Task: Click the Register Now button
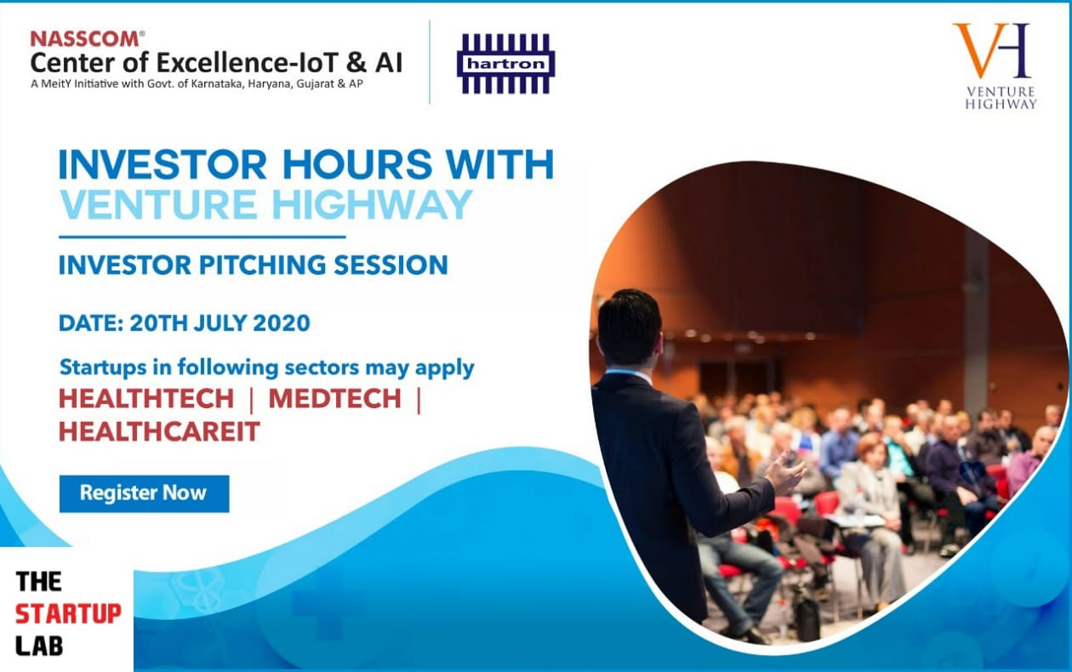click(x=144, y=493)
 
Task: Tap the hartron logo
click(x=506, y=64)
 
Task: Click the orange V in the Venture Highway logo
click(x=978, y=51)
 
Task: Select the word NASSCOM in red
click(x=86, y=39)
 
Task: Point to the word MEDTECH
click(x=334, y=398)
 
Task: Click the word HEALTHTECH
click(x=146, y=398)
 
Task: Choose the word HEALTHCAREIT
click(x=159, y=431)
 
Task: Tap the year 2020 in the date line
click(x=282, y=323)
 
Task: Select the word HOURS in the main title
click(x=357, y=164)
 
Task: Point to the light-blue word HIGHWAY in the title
click(x=372, y=204)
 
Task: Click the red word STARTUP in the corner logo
click(x=68, y=613)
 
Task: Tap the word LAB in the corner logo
click(x=39, y=646)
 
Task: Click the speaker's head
click(x=630, y=327)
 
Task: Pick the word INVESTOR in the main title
click(x=163, y=164)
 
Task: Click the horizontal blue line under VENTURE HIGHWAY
click(x=202, y=236)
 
